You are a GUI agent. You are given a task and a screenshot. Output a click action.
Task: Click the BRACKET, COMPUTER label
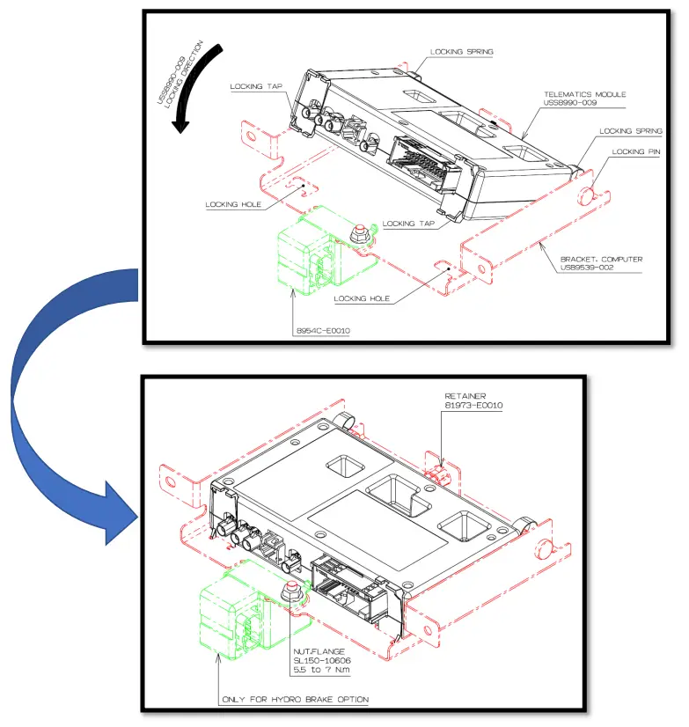[x=597, y=260]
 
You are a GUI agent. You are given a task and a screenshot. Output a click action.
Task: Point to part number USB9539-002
[x=589, y=268]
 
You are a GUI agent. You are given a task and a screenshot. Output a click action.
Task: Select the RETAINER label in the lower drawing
[x=462, y=396]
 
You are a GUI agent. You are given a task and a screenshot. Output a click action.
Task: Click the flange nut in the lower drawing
[x=290, y=591]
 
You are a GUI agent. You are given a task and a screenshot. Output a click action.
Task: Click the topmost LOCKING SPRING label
[x=461, y=52]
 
